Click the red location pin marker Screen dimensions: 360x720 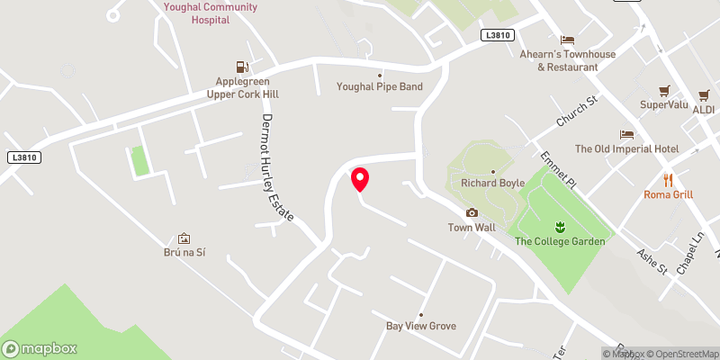coord(360,178)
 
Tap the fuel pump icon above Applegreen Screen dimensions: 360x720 coord(241,66)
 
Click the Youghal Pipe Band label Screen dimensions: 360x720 coord(379,87)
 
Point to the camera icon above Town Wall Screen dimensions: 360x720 coord(472,213)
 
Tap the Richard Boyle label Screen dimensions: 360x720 coord(491,183)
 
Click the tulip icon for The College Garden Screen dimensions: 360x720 coord(558,225)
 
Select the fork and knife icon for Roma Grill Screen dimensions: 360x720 coord(668,180)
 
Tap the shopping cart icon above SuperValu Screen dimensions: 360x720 coord(664,91)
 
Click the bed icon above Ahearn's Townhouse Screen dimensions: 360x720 coord(567,40)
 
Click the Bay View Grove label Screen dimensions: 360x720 coord(421,326)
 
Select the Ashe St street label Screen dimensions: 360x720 coord(652,260)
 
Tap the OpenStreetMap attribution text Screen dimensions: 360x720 coord(680,354)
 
